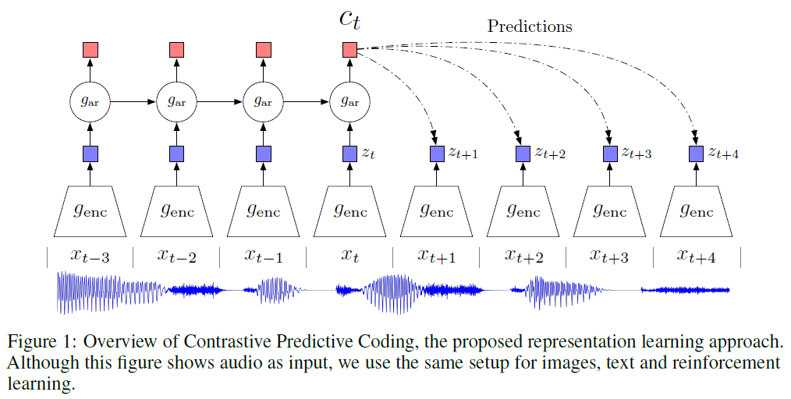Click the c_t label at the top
[349, 19]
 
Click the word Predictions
[530, 26]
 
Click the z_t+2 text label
[549, 154]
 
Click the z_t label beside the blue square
[368, 154]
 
